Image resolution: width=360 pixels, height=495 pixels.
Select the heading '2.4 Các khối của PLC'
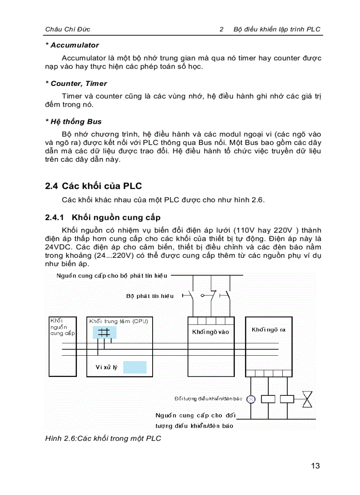coord(93,186)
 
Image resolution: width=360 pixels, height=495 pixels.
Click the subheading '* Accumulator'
coord(72,45)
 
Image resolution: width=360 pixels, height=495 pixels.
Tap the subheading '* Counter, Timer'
coord(76,83)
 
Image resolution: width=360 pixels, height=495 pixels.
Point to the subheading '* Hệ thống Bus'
coord(73,122)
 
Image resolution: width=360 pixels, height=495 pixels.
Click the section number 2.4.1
coord(55,217)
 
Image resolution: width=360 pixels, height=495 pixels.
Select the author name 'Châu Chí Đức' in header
coord(67,30)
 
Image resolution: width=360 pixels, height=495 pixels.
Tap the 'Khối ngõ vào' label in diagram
coord(210,332)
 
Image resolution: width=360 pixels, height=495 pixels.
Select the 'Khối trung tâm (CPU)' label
coord(118,321)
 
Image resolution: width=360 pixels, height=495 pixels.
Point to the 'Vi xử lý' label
coord(107,367)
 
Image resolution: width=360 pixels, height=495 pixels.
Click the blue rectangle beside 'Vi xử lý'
coord(135,367)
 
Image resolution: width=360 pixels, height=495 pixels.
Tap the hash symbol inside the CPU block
coord(104,333)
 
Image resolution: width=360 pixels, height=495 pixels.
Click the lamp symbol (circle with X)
coord(251,399)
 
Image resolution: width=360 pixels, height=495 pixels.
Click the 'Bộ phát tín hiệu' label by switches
coord(150,296)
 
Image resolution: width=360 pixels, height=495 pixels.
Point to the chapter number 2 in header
coord(222,30)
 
